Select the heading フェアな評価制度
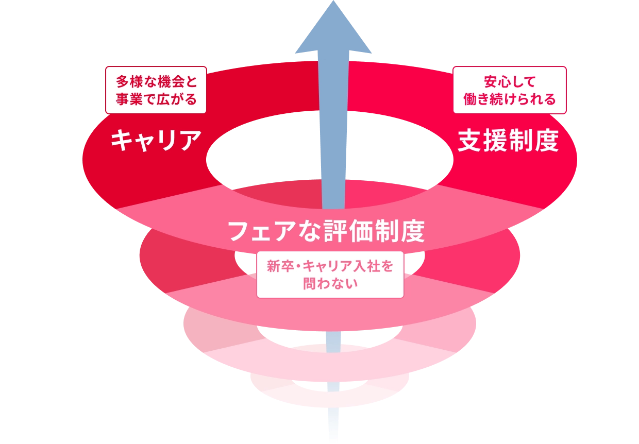click(326, 231)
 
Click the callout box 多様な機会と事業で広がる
click(156, 90)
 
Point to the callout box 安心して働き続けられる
click(509, 90)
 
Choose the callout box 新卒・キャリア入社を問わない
click(330, 275)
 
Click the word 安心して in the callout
click(510, 81)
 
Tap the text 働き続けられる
click(509, 99)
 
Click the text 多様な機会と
click(156, 81)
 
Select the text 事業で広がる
click(156, 99)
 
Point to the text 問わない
click(330, 284)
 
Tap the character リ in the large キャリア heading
click(168, 140)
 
